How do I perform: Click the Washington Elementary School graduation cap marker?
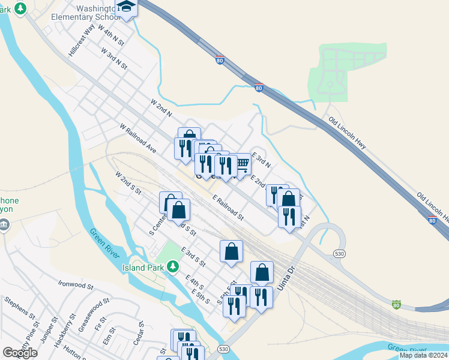point(127,7)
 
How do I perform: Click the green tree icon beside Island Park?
point(173,265)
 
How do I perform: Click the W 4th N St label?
point(110,36)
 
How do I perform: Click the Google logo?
point(20,353)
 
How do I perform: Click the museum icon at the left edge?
point(4,226)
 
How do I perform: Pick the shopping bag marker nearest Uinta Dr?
point(262,273)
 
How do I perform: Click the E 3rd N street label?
point(262,160)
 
